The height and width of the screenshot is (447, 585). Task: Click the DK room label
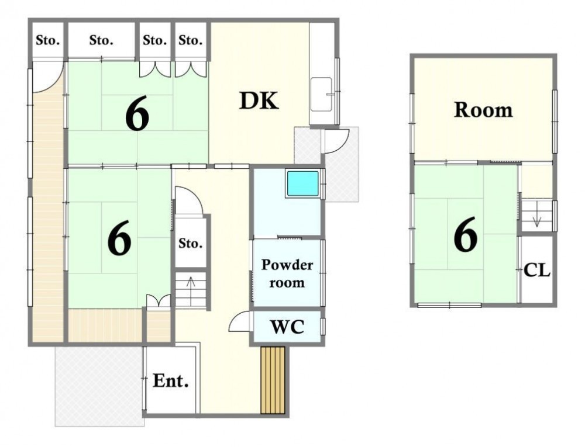point(259,101)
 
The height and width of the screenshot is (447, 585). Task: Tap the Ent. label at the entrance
point(170,381)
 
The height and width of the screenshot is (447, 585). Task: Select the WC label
point(287,327)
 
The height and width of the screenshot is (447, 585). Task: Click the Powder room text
point(287,274)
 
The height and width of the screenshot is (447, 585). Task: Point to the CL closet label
point(537,270)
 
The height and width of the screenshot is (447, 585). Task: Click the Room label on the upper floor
point(483,110)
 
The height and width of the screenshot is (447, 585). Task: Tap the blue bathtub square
point(302,183)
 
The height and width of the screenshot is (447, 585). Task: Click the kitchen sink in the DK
point(322,94)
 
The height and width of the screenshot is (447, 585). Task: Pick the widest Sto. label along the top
point(101,40)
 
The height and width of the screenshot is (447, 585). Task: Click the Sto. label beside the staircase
point(190,243)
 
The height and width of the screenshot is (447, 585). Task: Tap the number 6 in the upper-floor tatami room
point(466,234)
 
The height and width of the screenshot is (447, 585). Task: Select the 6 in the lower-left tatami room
point(119,238)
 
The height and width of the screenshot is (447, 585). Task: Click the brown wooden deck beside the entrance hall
point(273,380)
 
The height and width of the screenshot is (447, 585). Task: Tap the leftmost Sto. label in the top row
point(48,40)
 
